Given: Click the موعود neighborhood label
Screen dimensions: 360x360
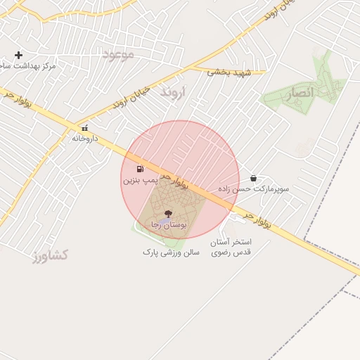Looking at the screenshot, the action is click(x=117, y=55).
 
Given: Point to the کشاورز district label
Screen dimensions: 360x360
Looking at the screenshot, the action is click(x=50, y=255).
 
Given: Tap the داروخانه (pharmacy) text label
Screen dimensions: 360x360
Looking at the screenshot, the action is click(x=86, y=139).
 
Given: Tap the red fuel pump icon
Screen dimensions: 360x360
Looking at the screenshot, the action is click(x=140, y=169).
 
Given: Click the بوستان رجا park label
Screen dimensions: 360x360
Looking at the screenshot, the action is click(x=169, y=225).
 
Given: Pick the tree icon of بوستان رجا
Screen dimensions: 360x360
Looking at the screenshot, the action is click(x=167, y=214).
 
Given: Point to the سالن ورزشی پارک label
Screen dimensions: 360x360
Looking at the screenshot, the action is click(x=172, y=251).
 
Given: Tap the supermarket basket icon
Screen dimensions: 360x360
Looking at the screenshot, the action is click(x=253, y=179).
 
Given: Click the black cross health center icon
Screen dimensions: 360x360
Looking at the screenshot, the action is click(x=18, y=55).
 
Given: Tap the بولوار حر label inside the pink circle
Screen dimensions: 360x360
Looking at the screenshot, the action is click(x=175, y=179).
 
